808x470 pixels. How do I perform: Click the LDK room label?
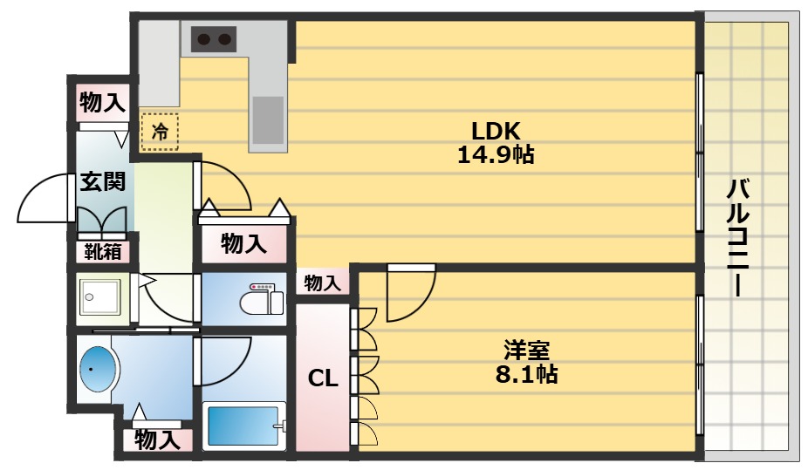coord(496,132)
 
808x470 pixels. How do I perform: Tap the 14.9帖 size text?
coord(496,156)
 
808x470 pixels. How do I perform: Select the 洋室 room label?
coord(525,351)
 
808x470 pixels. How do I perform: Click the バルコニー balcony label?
coord(739,235)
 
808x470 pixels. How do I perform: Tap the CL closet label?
coord(323,378)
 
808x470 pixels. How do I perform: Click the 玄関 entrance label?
coord(102,181)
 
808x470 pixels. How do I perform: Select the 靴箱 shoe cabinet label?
coord(103,251)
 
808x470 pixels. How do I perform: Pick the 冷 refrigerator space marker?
coord(160,132)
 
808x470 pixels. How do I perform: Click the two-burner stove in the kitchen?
coord(215,38)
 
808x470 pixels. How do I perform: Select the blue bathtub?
coord(245,426)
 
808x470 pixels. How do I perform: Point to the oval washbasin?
coord(97,371)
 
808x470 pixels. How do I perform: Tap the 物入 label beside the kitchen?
coord(102,103)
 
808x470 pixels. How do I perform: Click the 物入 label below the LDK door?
coord(243,243)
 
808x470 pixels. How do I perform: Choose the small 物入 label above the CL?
coord(322,283)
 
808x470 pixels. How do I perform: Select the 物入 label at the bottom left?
coord(157,439)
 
